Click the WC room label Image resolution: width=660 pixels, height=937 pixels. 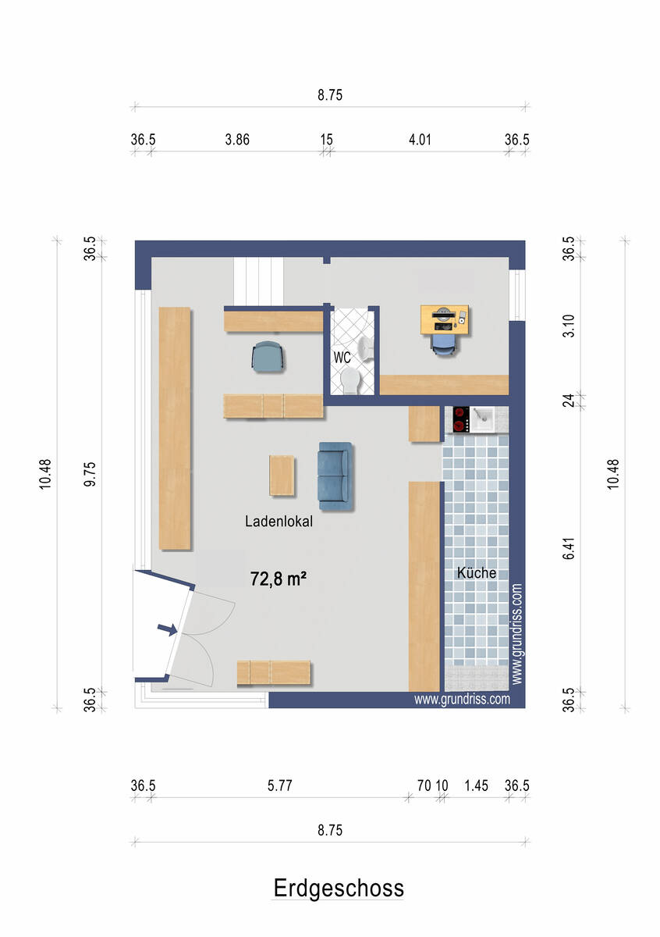(x=342, y=358)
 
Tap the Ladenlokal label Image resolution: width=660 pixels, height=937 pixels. (x=279, y=522)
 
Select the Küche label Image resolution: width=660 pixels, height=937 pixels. (x=477, y=572)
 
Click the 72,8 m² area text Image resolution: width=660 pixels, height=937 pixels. (x=279, y=579)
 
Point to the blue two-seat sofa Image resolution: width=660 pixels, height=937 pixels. (x=335, y=476)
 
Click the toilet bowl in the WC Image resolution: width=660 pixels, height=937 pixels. (x=350, y=380)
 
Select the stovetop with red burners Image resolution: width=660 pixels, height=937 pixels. (x=461, y=419)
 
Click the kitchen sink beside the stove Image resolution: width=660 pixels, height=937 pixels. (x=483, y=419)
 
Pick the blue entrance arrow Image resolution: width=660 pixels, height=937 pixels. (x=167, y=629)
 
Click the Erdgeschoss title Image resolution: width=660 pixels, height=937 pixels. (x=339, y=889)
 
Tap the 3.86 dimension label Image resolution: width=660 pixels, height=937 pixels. (x=237, y=139)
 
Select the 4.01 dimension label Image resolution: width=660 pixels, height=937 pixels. (x=420, y=139)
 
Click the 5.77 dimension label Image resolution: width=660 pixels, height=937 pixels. (x=279, y=786)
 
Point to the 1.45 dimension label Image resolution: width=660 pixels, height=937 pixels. (x=476, y=786)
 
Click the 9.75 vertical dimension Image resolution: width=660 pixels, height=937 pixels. (x=90, y=474)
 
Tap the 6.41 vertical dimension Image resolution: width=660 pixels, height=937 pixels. (x=569, y=548)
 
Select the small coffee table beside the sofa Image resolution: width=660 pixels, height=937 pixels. (x=282, y=476)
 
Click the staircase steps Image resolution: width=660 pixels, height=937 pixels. (x=258, y=281)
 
